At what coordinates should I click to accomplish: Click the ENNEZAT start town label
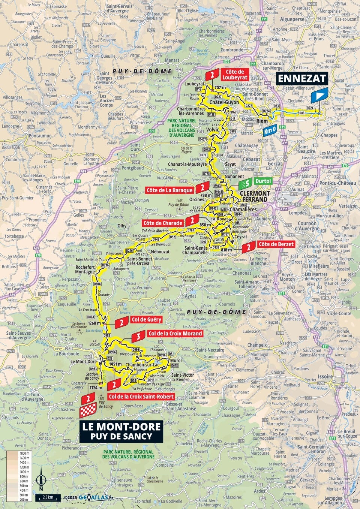[x=302, y=78]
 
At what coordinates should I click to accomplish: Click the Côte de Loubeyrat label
[x=235, y=75]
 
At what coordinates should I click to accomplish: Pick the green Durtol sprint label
[x=262, y=181]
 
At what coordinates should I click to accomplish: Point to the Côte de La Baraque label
[x=169, y=190]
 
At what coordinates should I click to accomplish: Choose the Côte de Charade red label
[x=163, y=223]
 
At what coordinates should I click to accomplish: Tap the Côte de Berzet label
[x=276, y=244]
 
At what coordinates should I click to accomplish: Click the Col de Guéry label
[x=146, y=320]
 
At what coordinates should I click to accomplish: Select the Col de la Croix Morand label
[x=175, y=333]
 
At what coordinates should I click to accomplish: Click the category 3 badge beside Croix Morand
[x=138, y=337]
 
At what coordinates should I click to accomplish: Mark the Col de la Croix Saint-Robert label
[x=141, y=397]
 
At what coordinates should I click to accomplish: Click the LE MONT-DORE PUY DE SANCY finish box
[x=121, y=431]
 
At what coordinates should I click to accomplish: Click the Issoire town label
[x=325, y=376]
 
